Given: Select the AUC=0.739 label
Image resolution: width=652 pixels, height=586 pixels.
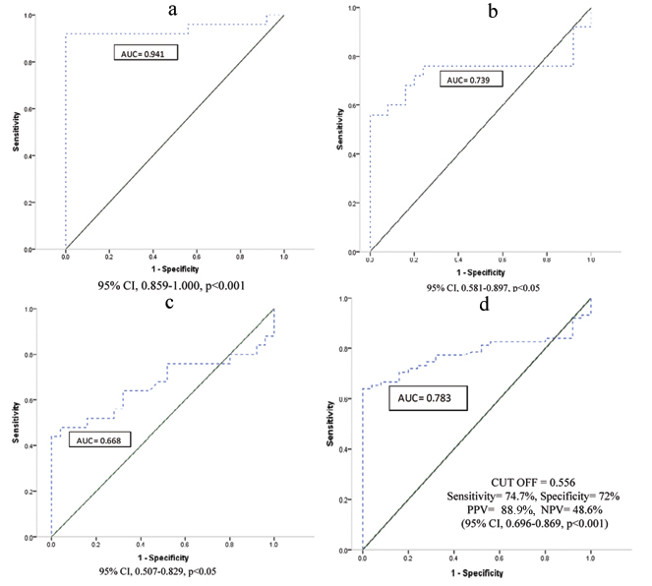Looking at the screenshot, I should coord(471,80).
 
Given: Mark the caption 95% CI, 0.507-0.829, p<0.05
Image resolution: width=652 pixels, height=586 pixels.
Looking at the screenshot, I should coord(162,570).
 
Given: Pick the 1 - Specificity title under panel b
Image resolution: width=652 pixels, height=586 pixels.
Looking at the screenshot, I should coord(480,271).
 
